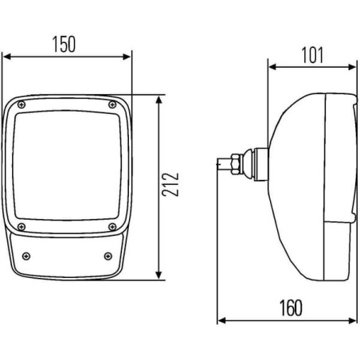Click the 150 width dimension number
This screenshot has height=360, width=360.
pos(64,44)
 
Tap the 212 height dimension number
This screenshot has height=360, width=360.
pos(170,185)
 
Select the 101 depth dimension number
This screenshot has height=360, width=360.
pos(312,55)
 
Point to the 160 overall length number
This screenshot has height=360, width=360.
pos(291,308)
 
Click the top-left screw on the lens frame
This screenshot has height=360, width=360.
pos(22,104)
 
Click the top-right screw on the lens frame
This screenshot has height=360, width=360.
pos(112,104)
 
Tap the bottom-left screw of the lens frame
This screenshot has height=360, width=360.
pos(22,227)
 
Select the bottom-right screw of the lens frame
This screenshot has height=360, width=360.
pos(112,227)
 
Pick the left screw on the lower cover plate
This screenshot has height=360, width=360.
pos(26,256)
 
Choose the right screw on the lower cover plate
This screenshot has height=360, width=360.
pos(108,256)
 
